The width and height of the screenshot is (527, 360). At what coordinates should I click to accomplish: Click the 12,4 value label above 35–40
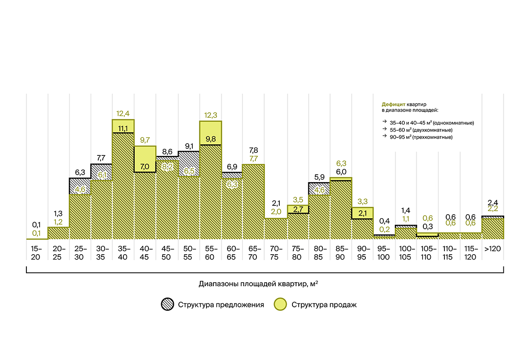point(123,114)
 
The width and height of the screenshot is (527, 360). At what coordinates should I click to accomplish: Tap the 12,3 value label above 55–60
point(210,115)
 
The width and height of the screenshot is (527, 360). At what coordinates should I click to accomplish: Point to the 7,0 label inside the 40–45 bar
point(145,166)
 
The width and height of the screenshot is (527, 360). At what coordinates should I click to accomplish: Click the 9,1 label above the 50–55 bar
point(189,146)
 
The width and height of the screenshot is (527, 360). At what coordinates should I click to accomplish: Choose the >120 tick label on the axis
point(493,249)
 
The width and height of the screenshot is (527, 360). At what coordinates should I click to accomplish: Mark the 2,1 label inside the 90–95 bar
point(362,213)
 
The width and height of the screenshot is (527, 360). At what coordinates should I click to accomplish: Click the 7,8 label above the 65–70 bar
point(253,151)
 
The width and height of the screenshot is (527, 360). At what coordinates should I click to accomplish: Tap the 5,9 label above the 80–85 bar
point(319,177)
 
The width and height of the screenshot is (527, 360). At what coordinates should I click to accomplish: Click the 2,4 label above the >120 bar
point(493,202)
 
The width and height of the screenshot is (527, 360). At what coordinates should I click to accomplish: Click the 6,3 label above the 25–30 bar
point(79,172)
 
